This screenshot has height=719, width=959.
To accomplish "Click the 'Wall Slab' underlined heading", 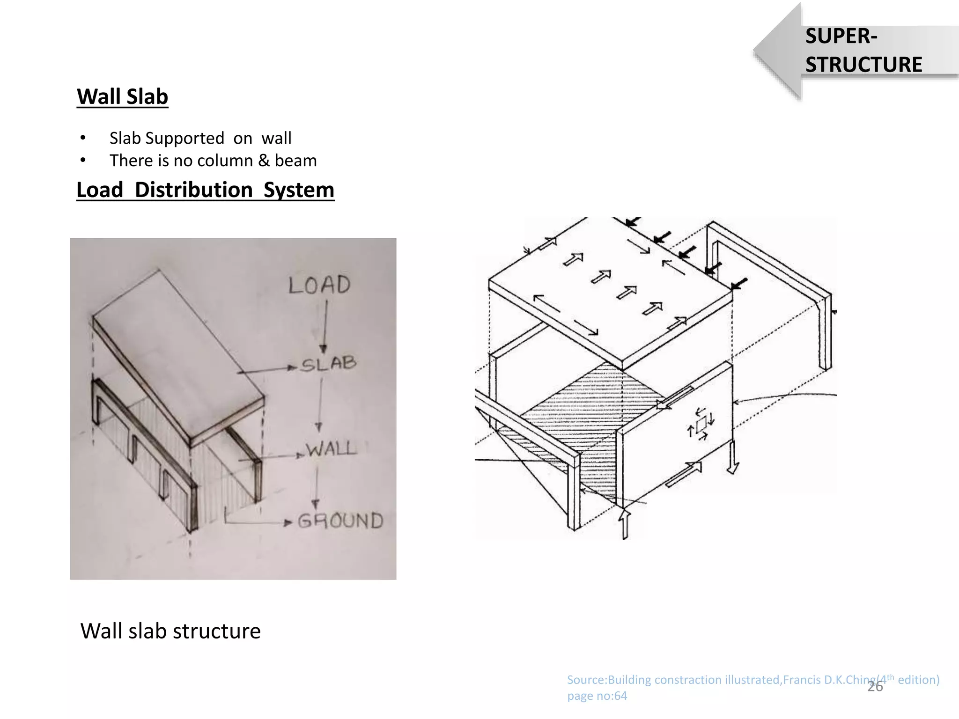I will tap(122, 96).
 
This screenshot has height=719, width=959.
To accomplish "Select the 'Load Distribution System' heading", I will tap(205, 190).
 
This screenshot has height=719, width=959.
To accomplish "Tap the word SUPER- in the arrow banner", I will tap(841, 37).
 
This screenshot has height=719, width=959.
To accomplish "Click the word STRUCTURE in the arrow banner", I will tap(863, 65).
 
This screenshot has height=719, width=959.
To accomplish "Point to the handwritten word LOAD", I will tap(319, 285).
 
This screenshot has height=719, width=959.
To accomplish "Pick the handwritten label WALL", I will tap(331, 449).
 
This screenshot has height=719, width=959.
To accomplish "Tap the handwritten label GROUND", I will tap(340, 521).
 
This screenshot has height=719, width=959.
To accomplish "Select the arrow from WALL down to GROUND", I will tap(317, 487).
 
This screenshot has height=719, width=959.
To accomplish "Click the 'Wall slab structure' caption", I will tap(170, 631).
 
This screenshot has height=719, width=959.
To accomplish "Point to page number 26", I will tap(875, 687).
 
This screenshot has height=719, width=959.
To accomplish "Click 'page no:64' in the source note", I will tap(597, 696).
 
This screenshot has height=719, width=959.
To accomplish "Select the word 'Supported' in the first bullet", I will tap(185, 138).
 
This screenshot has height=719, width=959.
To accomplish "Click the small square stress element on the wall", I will tap(701, 425).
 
